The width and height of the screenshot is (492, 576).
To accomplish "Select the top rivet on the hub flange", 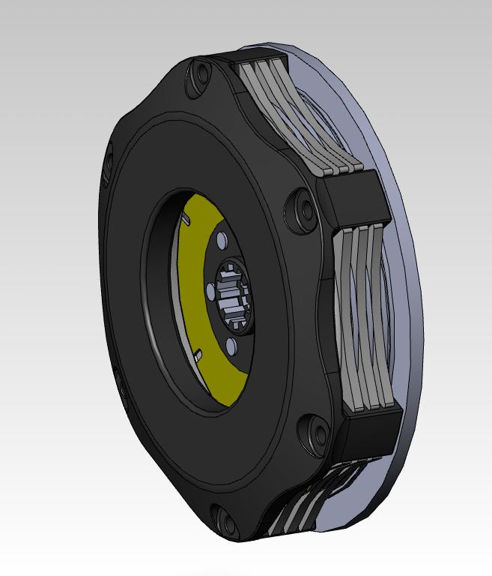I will tap(222, 239).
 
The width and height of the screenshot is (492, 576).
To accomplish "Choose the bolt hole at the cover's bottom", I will tap(222, 517).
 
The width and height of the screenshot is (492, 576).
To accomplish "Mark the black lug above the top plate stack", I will tap(258, 56).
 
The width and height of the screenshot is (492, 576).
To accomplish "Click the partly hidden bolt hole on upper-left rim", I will tap(109, 157).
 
